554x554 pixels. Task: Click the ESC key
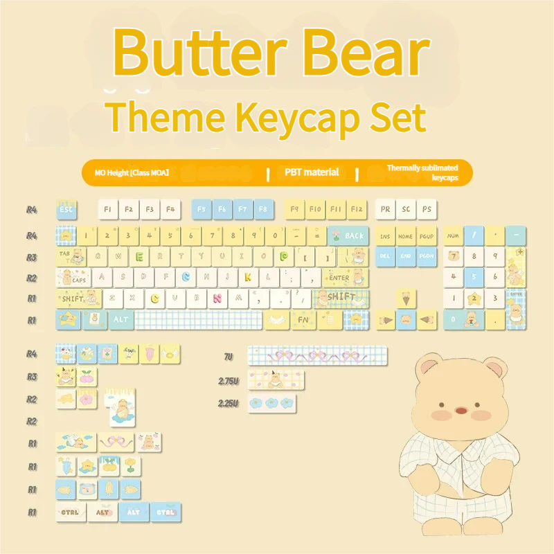click(x=66, y=208)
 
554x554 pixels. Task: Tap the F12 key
click(x=356, y=208)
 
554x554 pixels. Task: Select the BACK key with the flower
click(x=348, y=235)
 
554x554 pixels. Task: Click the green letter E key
click(x=139, y=257)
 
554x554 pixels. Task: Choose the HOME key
click(x=406, y=236)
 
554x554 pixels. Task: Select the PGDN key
click(x=427, y=257)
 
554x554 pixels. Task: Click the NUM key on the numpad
click(x=453, y=236)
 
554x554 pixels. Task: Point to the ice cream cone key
click(x=406, y=299)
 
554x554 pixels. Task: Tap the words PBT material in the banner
click(x=312, y=172)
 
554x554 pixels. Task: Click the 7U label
click(x=229, y=357)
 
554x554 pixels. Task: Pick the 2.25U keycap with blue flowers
click(x=271, y=403)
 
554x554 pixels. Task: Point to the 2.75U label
click(x=229, y=380)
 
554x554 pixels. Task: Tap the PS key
click(x=427, y=208)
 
